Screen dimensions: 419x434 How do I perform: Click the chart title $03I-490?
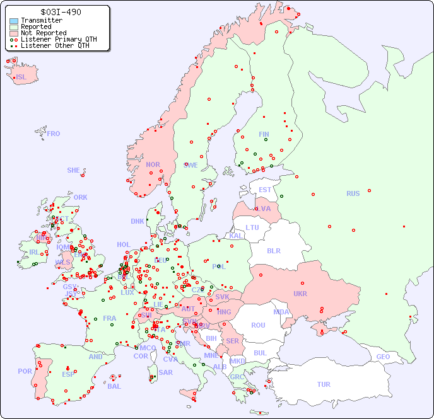60,12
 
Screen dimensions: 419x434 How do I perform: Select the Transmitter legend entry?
41,20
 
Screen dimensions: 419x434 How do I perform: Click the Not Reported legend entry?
43,33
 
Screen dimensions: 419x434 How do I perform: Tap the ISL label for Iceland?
21,77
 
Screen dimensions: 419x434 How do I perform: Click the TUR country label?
324,384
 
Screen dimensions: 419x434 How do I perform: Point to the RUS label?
353,193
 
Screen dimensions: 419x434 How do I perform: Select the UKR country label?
300,294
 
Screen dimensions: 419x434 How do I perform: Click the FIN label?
264,134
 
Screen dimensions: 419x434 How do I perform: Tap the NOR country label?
153,164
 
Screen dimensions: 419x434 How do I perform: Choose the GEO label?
383,357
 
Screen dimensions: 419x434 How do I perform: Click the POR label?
25,371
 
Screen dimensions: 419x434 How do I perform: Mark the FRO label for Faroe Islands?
53,134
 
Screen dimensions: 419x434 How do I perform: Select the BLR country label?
273,250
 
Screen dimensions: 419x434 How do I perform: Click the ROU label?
258,325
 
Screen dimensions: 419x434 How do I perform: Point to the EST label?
265,190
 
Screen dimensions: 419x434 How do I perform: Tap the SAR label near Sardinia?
165,372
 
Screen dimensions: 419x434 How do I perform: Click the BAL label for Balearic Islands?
114,386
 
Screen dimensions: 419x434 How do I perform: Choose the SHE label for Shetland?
74,170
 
